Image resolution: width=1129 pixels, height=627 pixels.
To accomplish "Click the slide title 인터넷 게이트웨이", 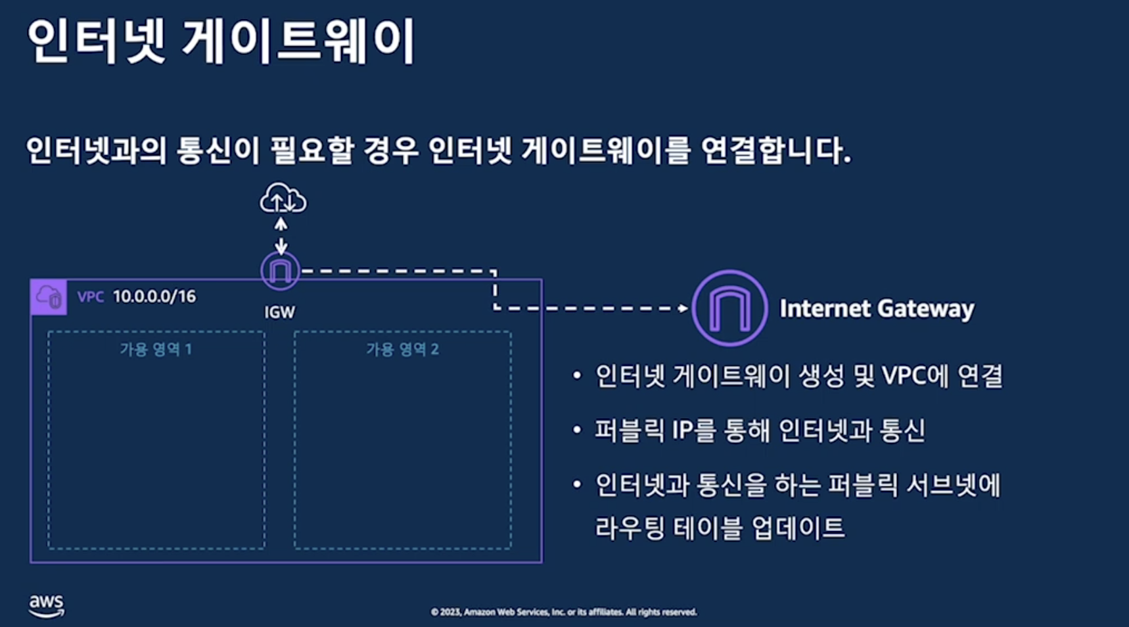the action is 221,41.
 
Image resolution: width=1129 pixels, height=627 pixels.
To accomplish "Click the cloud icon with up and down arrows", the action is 283,198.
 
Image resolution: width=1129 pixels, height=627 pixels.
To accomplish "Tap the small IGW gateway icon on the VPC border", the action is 281,270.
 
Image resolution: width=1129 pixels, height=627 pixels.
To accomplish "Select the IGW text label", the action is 279,312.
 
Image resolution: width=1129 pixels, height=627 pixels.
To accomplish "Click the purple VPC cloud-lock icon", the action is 49,297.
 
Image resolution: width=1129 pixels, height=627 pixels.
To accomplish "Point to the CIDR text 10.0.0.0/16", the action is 154,296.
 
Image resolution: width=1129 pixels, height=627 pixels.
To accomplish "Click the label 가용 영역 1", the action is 156,349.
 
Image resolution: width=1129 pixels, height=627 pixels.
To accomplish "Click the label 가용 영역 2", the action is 402,349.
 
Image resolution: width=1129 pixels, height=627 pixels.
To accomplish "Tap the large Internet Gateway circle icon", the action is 729,308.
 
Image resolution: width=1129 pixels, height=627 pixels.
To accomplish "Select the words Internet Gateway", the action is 877,308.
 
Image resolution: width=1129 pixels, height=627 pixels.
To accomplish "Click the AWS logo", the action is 46,605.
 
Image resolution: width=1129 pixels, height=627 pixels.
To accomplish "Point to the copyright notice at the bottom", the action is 564,612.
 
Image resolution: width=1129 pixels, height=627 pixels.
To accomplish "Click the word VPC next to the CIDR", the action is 91,297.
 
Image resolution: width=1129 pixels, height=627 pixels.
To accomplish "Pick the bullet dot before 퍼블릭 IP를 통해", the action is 577,430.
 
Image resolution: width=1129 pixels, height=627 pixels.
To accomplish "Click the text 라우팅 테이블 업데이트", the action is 720,528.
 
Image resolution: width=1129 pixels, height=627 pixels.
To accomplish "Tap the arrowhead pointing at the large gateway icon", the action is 683,308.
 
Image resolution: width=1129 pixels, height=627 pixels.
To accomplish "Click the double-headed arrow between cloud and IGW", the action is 281,235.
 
